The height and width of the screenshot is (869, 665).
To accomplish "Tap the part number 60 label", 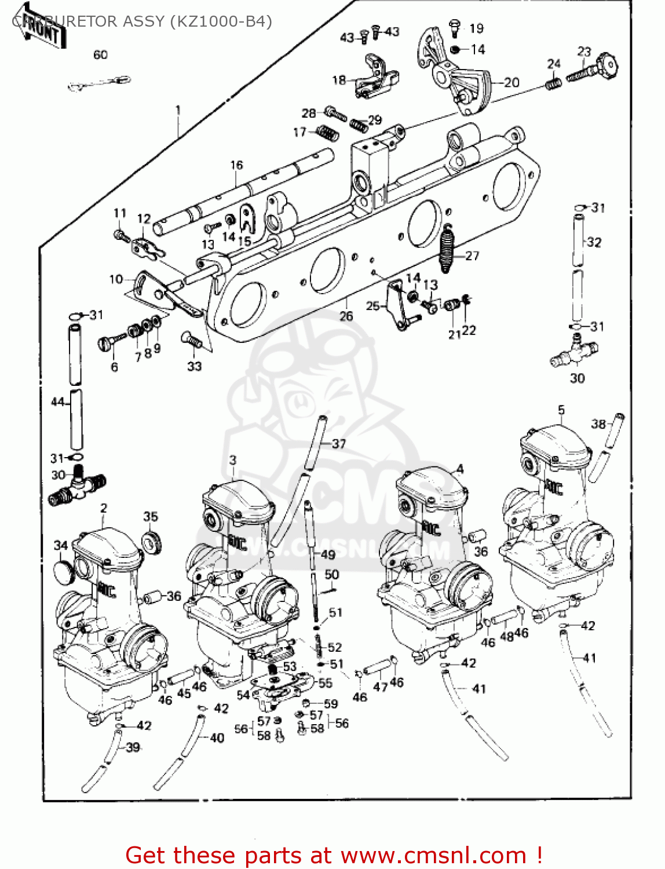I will tap(100, 54).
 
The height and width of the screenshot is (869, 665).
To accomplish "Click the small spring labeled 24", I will tap(553, 83).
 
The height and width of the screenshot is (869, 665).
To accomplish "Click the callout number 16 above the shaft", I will tap(236, 165).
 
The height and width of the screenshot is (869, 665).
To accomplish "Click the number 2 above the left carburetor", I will tap(104, 508).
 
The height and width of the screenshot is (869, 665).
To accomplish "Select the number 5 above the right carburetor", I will tap(561, 410).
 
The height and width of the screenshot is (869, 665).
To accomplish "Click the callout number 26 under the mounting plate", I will tap(346, 316).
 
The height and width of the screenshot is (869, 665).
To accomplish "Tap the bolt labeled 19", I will tap(455, 25).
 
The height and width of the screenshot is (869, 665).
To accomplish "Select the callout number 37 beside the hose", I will tap(339, 444).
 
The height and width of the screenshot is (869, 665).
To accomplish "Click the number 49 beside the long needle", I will tap(328, 554).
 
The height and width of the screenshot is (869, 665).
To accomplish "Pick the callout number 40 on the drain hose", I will tap(217, 737).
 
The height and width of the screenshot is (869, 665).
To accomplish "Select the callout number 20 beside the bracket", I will tap(511, 82).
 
